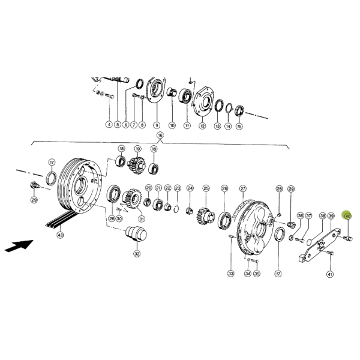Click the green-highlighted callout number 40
pos(348,216)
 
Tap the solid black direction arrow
pos(19,245)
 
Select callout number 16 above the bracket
pos(160,135)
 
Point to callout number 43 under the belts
pos(60,235)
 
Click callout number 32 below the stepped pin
pos(137,254)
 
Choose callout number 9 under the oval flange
pos(157,125)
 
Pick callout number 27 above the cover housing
pos(242,189)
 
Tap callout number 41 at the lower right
pos(330,274)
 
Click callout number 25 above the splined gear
pos(206,188)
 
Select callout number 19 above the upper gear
pos(137,149)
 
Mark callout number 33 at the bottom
pos(230,274)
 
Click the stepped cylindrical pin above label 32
pos(136,234)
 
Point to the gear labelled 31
pos(132,199)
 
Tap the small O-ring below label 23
pos(176,209)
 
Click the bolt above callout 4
pos(110,96)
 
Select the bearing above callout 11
pos(185,96)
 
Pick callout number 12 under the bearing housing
pos(202,126)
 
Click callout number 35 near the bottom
pos(257,274)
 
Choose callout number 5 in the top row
pos(118,125)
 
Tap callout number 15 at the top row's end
pos(239,126)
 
